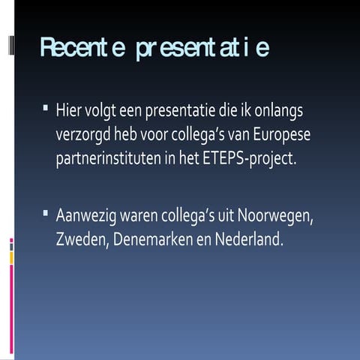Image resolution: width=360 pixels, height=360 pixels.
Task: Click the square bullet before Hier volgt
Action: pyautogui.click(x=46, y=109)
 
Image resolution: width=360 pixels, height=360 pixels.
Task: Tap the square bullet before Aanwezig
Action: pyautogui.click(x=46, y=214)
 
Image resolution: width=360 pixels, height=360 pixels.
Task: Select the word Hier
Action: pyautogui.click(x=69, y=111)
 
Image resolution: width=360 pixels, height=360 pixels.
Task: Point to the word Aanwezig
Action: pyautogui.click(x=88, y=217)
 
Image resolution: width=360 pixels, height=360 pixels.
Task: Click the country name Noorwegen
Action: pyautogui.click(x=274, y=217)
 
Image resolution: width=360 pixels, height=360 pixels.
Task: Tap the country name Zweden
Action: pyautogui.click(x=80, y=241)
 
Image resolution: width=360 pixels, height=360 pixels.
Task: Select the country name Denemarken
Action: pyautogui.click(x=156, y=241)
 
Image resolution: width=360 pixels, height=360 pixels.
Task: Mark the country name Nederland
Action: pyautogui.click(x=249, y=241)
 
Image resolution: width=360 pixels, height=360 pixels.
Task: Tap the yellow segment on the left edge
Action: pyautogui.click(x=11, y=257)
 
